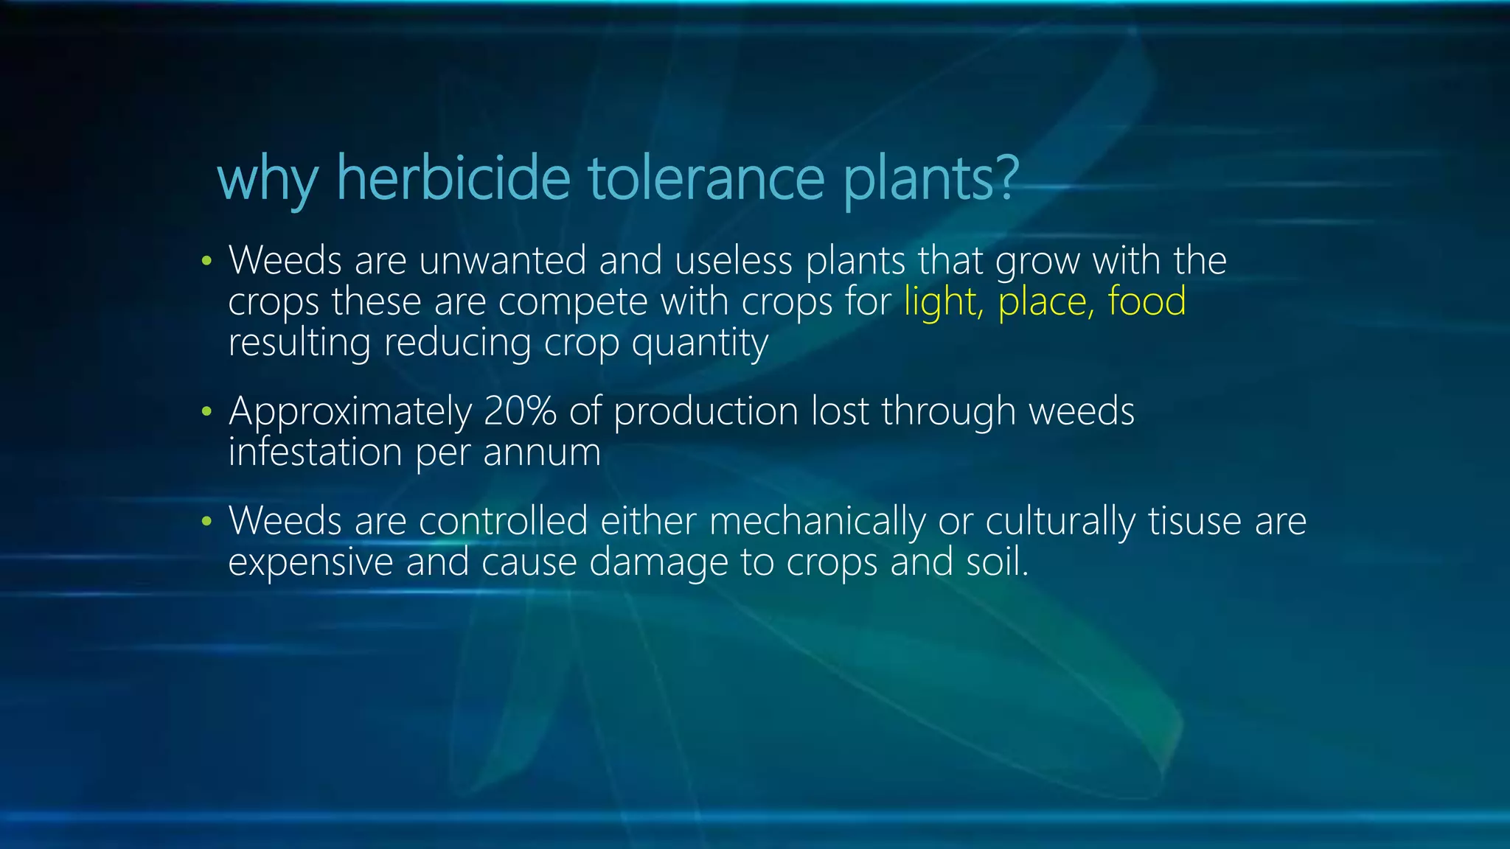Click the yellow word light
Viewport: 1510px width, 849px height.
[x=943, y=302]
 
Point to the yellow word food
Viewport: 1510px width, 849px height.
[x=1147, y=301]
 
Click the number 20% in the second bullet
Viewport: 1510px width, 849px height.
[x=519, y=411]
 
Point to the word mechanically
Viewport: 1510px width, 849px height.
[x=817, y=522]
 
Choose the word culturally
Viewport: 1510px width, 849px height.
[x=1060, y=522]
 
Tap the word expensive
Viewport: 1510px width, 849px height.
[x=310, y=563]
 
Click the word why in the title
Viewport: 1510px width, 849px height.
[x=268, y=179]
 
